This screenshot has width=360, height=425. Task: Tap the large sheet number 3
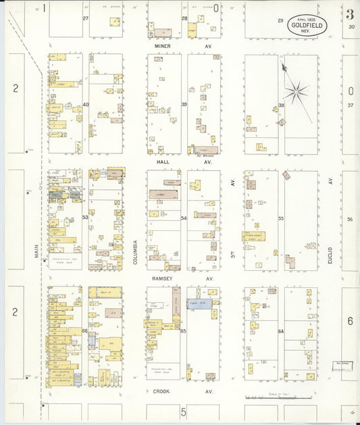(x=350, y=14)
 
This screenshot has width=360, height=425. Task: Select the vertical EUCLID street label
(x=331, y=250)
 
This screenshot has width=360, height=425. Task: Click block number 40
(x=86, y=105)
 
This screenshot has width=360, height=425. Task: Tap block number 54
(x=184, y=218)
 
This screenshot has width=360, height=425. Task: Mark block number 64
(x=281, y=331)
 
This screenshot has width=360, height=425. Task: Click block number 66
(x=85, y=331)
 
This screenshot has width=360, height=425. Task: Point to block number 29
(x=280, y=21)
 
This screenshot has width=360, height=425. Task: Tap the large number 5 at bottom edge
(x=182, y=411)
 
